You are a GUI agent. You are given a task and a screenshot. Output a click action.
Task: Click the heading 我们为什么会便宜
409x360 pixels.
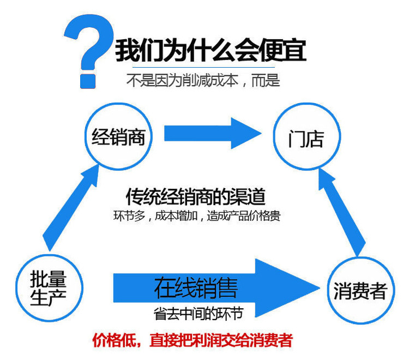pos(210,51)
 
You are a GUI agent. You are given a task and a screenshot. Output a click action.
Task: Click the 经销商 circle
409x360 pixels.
pos(118,137)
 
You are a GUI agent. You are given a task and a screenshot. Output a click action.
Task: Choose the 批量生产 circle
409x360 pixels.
pos(49,287)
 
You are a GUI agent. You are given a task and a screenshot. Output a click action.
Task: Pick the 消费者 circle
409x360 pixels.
pos(359,291)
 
